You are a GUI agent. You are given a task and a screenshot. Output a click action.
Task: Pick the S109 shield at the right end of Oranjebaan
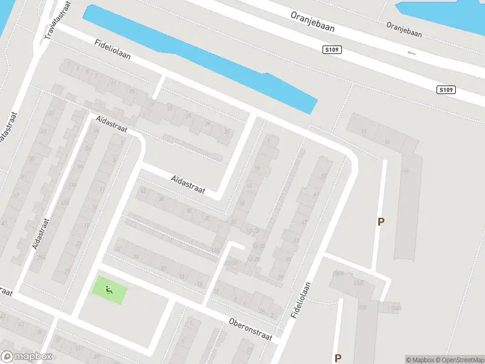[446, 90]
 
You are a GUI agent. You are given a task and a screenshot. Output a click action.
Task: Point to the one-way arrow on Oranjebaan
[412, 53]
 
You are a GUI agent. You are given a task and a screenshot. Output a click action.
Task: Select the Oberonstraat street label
[251, 328]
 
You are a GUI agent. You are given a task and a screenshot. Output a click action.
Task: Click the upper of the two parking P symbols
[381, 222]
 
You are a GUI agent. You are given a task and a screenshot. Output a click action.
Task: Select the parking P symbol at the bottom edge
[338, 358]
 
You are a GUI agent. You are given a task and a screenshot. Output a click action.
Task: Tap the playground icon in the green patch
[110, 290]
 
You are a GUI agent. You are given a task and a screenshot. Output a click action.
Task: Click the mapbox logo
[27, 356]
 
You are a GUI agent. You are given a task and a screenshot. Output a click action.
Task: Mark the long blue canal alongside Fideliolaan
[200, 58]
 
